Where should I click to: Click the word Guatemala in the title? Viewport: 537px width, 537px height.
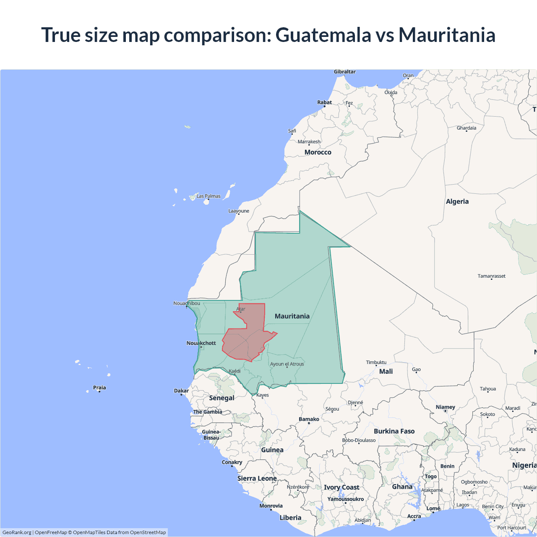pyautogui.click(x=323, y=35)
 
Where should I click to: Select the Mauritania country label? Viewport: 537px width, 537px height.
pyautogui.click(x=292, y=316)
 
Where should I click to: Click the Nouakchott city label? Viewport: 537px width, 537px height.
pyautogui.click(x=201, y=343)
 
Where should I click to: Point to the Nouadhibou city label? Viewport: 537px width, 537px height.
pyautogui.click(x=187, y=303)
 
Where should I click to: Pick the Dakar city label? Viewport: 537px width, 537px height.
pyautogui.click(x=181, y=391)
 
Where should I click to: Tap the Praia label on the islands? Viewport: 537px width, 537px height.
pyautogui.click(x=99, y=388)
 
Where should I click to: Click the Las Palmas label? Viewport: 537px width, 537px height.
pyautogui.click(x=209, y=196)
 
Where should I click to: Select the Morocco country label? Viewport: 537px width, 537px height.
pyautogui.click(x=318, y=152)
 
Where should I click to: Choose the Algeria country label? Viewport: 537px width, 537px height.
pyautogui.click(x=457, y=202)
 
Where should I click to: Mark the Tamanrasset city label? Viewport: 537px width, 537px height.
pyautogui.click(x=491, y=276)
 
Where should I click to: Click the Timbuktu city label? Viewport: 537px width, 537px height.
pyautogui.click(x=376, y=362)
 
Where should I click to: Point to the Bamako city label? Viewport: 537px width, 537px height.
pyautogui.click(x=309, y=419)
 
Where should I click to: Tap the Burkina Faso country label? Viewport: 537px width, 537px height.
pyautogui.click(x=394, y=431)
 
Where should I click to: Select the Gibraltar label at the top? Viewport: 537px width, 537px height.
pyautogui.click(x=344, y=72)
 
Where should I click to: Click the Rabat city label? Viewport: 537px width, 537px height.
pyautogui.click(x=324, y=102)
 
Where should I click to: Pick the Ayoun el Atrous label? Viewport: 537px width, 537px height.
pyautogui.click(x=287, y=364)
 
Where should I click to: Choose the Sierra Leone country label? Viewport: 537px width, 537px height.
pyautogui.click(x=257, y=478)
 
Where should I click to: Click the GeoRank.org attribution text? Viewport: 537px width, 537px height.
pyautogui.click(x=17, y=532)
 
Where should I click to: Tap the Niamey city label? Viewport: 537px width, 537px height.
pyautogui.click(x=445, y=407)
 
